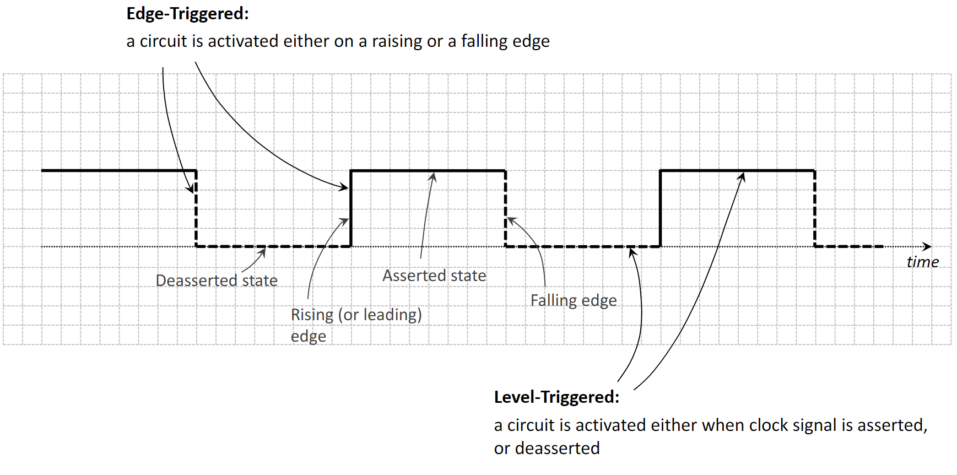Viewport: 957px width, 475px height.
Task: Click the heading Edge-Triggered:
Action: [x=187, y=14]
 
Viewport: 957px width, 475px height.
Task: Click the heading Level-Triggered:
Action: [x=556, y=397]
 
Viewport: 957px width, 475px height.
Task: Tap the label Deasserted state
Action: [x=217, y=280]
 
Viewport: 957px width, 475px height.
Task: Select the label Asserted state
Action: [x=434, y=276]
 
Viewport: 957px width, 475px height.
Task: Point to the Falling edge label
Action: [x=574, y=300]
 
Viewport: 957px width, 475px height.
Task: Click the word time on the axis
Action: [x=922, y=262]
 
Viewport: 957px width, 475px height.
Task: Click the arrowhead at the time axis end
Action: [x=928, y=246]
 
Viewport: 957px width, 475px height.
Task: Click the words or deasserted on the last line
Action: [x=547, y=449]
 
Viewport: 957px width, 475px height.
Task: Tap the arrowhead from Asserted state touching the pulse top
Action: [x=434, y=176]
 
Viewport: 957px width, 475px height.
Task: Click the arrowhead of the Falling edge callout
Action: [x=511, y=220]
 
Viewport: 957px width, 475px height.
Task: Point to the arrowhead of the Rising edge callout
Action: [x=345, y=221]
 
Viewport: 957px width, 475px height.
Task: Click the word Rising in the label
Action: [x=312, y=315]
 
